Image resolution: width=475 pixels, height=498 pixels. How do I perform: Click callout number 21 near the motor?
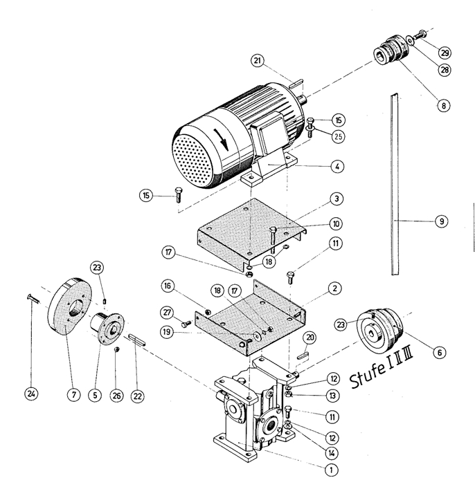pos(258,62)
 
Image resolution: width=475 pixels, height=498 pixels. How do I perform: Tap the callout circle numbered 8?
pos(443,106)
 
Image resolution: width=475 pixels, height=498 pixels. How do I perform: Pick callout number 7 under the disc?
pos(71,394)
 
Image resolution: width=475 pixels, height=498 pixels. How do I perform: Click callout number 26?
pos(117,396)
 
